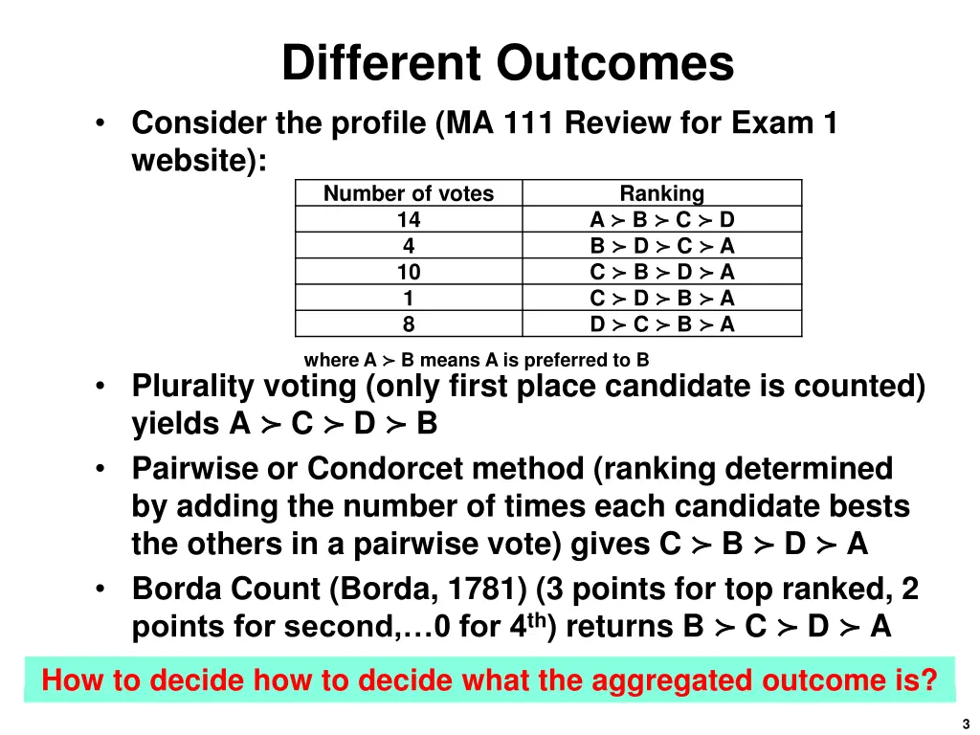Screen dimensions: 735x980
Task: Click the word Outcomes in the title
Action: coord(614,65)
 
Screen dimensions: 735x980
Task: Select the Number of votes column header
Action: coord(409,193)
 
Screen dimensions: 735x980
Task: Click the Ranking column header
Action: coord(661,193)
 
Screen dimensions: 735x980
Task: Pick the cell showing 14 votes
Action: coord(409,219)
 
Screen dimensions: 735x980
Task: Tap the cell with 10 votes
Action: coord(409,272)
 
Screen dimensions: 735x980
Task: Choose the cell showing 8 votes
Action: coord(409,324)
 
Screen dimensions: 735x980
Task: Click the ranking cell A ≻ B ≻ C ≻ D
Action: coord(661,219)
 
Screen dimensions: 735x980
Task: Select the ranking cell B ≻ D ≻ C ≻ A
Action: coord(661,246)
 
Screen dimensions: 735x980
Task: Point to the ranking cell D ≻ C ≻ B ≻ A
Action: coord(661,324)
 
